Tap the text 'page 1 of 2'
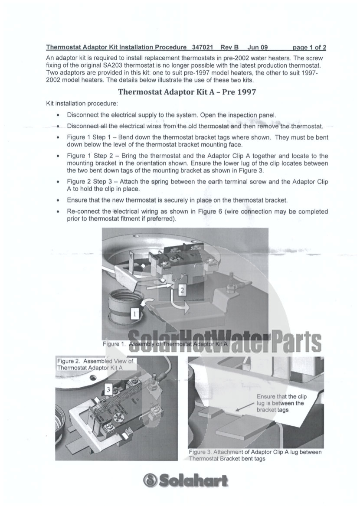pos(309,47)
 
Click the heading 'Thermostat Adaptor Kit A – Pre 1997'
pos(187,92)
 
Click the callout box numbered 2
pos(183,291)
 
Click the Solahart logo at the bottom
pos(186,480)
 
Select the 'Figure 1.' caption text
pos(115,343)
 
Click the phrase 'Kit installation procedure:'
pos(82,104)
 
